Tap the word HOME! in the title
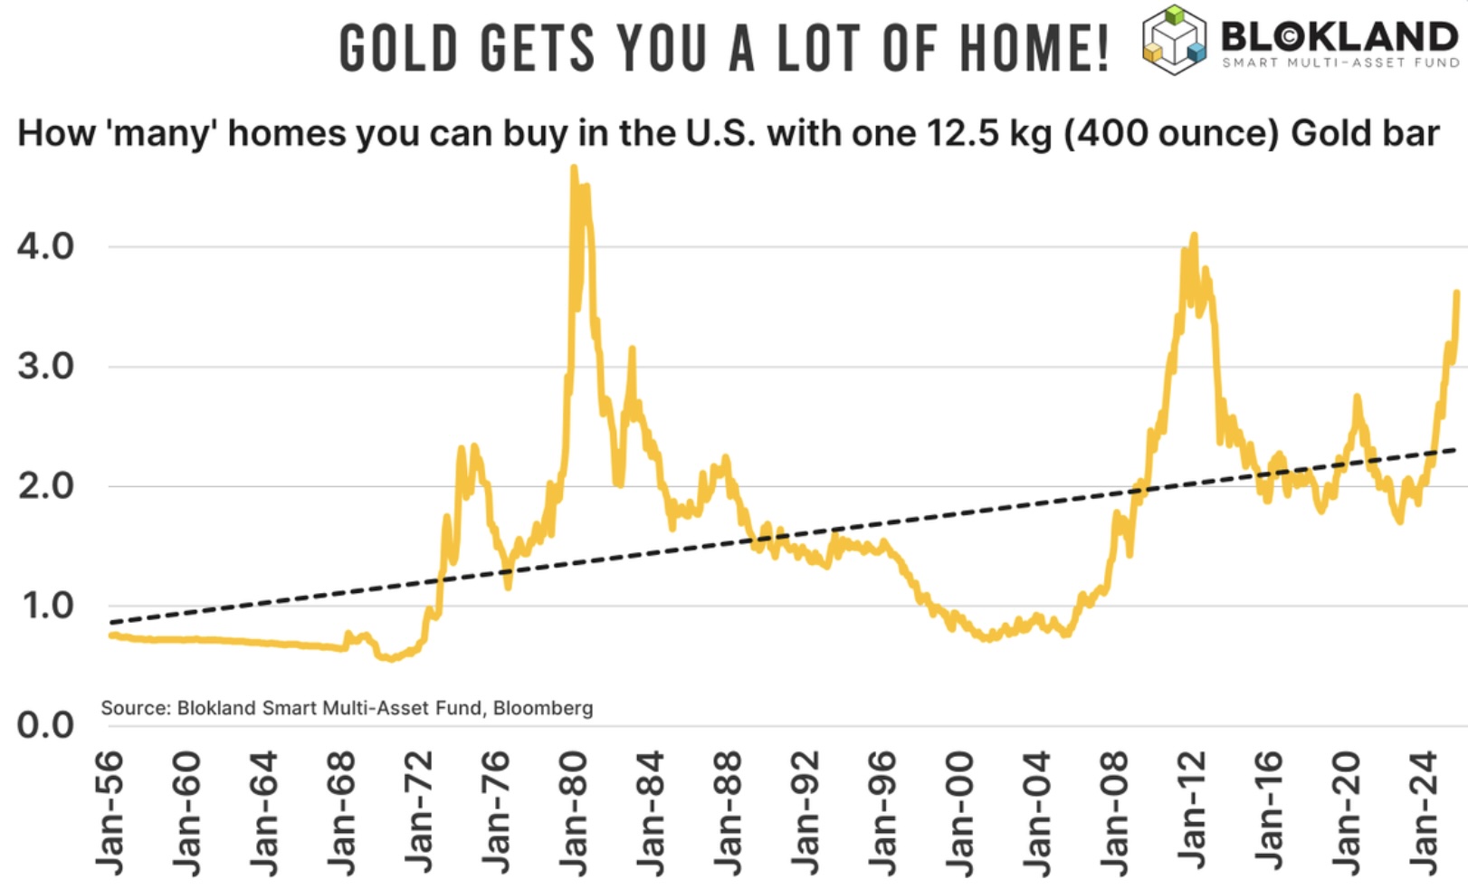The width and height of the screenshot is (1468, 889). (x=1034, y=48)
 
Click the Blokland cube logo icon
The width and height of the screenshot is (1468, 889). (x=1174, y=40)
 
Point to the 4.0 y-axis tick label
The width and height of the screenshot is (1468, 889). (x=45, y=246)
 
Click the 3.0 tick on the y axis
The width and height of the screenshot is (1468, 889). (x=45, y=367)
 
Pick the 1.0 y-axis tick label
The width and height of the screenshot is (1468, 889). (x=45, y=606)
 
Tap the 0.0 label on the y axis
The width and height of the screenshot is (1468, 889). (x=45, y=725)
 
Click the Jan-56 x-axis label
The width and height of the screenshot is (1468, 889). (x=110, y=813)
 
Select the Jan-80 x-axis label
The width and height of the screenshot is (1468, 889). (x=574, y=813)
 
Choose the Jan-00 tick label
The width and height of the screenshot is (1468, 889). (x=959, y=813)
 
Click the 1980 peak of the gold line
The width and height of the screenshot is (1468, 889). (x=574, y=167)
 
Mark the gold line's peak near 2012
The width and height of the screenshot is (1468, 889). (x=1195, y=234)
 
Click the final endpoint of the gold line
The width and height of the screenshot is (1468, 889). (x=1457, y=292)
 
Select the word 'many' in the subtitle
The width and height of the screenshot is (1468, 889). (x=162, y=134)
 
